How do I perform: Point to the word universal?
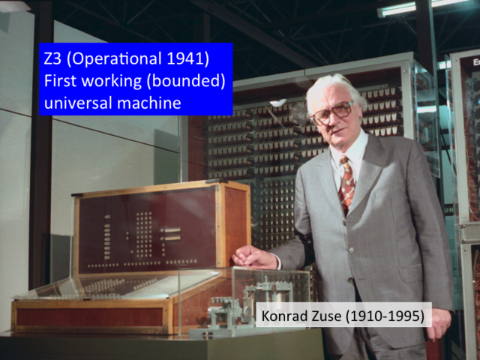coord(78,103)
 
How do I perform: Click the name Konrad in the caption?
coord(283,316)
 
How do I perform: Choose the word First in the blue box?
coord(62,81)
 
